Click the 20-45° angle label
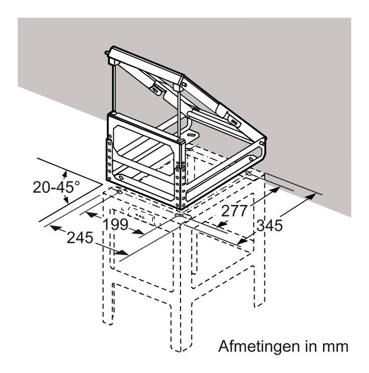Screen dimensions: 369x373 point(56,186)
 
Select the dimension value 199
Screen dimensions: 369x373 point(116,224)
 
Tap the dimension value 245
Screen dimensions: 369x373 point(80,237)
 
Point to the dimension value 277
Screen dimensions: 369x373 point(234,211)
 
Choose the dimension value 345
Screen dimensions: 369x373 point(270,225)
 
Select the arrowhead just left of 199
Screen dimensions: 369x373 point(91,214)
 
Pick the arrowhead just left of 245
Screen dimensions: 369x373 point(56,228)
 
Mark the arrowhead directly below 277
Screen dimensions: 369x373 point(222,224)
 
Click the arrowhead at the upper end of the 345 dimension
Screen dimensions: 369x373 point(310,196)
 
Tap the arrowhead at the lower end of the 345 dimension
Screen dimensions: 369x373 point(243,241)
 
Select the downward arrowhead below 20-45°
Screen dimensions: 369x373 point(66,199)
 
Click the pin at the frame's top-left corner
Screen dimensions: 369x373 point(107,52)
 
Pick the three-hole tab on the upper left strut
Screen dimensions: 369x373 point(155,90)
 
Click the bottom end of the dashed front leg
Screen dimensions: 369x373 point(180,349)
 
